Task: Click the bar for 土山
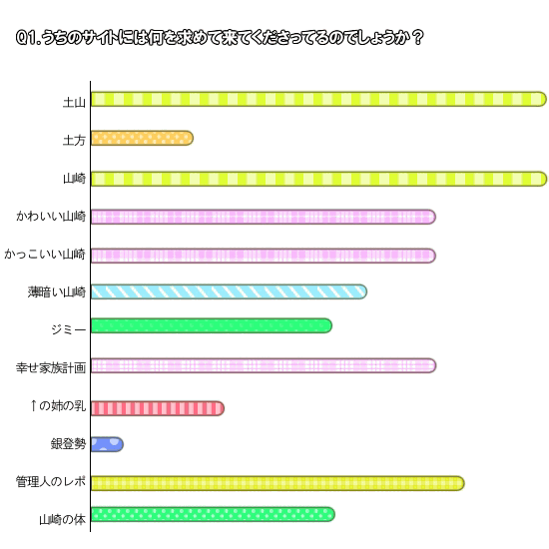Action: (x=318, y=99)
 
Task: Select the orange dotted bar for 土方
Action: (x=142, y=138)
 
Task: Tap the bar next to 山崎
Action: (x=318, y=179)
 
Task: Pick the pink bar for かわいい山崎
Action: (x=264, y=217)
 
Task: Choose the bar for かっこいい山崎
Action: (x=264, y=256)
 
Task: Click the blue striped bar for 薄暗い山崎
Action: (x=229, y=291)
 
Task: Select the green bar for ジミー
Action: (x=212, y=326)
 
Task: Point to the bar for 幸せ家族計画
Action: (x=264, y=365)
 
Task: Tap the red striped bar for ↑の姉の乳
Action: (x=158, y=408)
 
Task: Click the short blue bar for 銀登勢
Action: (x=107, y=444)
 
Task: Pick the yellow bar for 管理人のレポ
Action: (x=277, y=483)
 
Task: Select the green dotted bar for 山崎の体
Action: (x=213, y=514)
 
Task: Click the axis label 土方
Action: (x=74, y=141)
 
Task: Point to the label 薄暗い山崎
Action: (x=57, y=292)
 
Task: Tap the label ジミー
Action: (x=68, y=329)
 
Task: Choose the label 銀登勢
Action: (x=68, y=444)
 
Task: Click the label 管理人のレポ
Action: (x=51, y=482)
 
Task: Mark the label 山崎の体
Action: (x=62, y=520)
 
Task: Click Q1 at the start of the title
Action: (x=26, y=38)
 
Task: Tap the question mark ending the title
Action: (x=417, y=38)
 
